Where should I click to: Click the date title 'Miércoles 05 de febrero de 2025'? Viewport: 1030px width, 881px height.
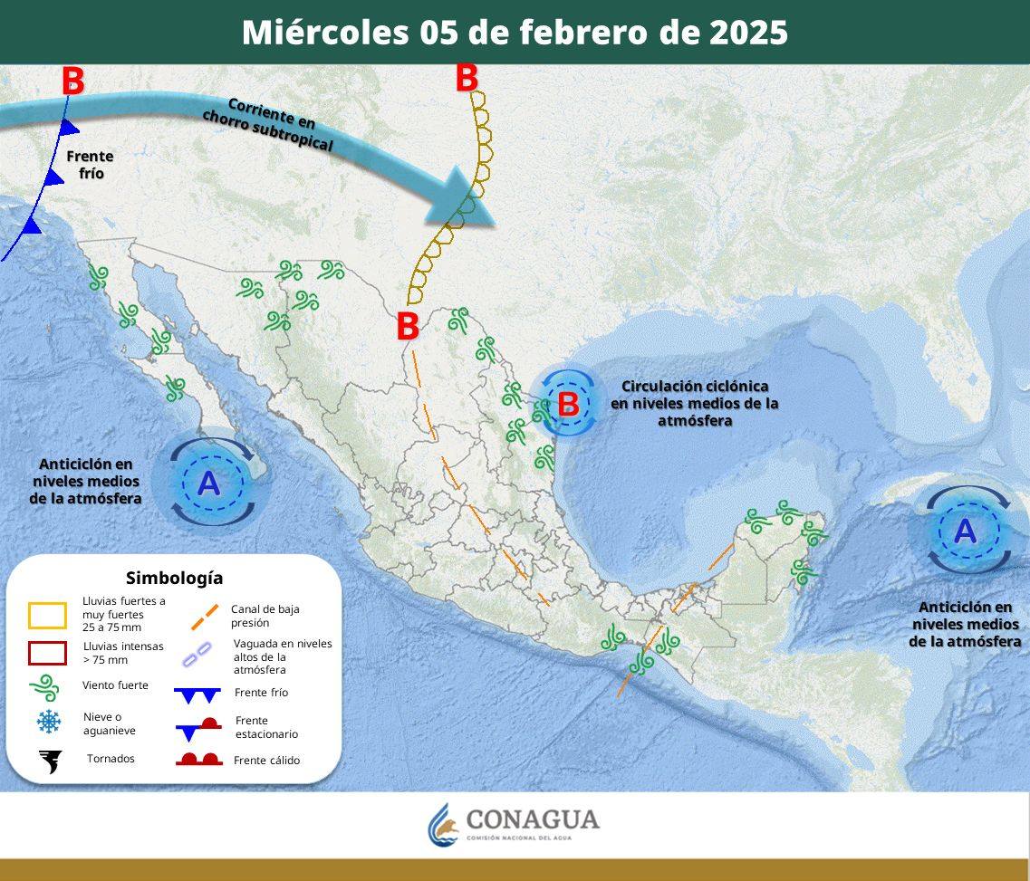[515, 33]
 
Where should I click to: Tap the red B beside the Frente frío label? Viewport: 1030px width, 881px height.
[73, 81]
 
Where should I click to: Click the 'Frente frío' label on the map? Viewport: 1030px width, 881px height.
[90, 164]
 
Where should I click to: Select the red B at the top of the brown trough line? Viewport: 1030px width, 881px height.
[467, 78]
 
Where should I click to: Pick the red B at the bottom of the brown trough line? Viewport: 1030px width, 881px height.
[408, 327]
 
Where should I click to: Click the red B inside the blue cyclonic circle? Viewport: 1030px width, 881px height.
[568, 404]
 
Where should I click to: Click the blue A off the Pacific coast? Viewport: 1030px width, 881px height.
[208, 484]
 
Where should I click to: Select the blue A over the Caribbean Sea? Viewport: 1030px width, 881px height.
[966, 530]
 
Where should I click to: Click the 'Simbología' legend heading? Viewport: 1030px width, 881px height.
[174, 578]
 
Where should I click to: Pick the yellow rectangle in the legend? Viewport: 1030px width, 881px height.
[47, 616]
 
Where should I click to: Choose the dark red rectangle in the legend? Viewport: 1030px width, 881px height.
[47, 653]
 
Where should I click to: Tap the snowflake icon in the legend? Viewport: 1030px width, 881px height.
[48, 722]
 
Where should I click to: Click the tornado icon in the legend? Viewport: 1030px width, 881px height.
[49, 761]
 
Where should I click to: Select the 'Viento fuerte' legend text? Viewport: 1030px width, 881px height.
[115, 685]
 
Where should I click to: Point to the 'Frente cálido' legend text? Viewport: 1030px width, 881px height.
[266, 761]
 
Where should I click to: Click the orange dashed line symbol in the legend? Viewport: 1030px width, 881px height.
[205, 616]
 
